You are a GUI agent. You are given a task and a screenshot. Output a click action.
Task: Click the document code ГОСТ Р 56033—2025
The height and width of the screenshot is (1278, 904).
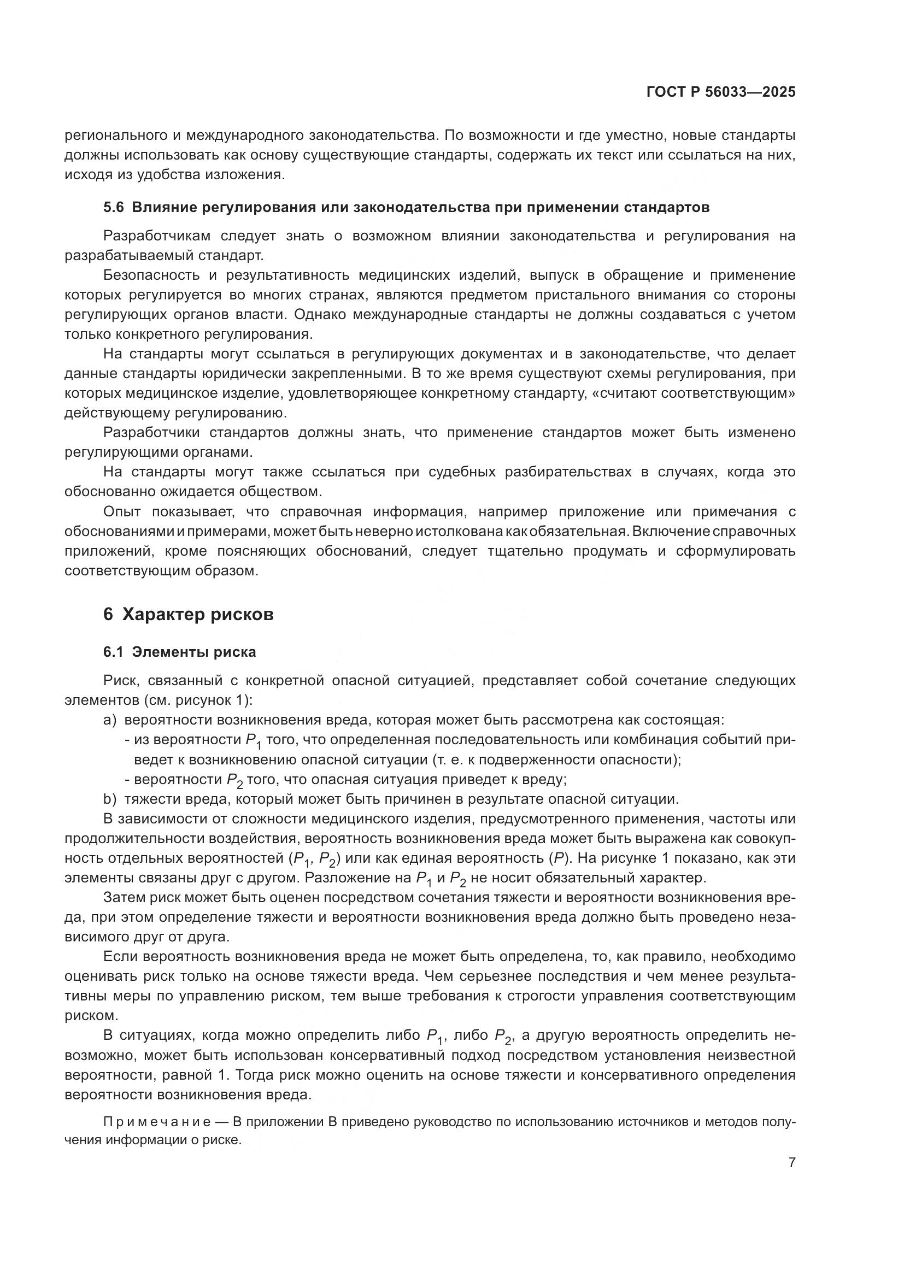(x=721, y=92)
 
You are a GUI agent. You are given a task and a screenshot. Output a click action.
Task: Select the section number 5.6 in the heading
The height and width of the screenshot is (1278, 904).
(x=114, y=208)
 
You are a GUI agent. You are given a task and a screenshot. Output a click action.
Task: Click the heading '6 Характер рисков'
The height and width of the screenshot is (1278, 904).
(x=188, y=615)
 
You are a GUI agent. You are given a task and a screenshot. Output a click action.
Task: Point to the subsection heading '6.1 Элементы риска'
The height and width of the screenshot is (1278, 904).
(x=179, y=652)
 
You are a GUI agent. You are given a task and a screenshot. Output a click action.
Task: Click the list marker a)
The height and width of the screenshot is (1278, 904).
(x=110, y=720)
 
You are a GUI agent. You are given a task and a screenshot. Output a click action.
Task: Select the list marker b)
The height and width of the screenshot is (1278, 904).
(x=110, y=799)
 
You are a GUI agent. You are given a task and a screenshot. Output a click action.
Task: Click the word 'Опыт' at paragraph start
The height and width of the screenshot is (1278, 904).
(x=122, y=511)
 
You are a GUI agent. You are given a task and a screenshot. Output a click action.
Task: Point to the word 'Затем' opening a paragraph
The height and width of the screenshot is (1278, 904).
(x=123, y=897)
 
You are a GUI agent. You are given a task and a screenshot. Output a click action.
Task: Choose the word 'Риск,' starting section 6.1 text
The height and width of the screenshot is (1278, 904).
(x=121, y=680)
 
